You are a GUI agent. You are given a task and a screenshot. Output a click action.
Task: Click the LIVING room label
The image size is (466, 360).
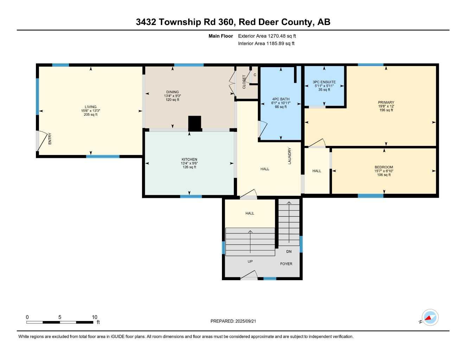[x=90, y=107]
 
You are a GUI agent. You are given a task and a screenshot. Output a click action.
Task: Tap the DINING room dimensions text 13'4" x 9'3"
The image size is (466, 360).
[x=172, y=96]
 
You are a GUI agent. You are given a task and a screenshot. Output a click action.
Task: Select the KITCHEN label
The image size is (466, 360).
[x=189, y=159]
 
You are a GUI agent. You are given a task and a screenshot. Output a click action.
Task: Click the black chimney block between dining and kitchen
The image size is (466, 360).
[x=194, y=123]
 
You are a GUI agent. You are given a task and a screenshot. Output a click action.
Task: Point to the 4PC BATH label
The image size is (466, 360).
[x=281, y=99]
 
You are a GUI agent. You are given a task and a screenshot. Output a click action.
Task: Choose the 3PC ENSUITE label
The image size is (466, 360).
[x=324, y=82]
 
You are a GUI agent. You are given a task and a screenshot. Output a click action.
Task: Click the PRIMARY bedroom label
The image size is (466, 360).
[x=386, y=102]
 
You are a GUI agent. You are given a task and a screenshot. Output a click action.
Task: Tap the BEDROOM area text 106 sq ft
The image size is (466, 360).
[x=384, y=175]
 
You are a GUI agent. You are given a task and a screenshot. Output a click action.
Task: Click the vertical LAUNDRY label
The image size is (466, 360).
[x=290, y=156]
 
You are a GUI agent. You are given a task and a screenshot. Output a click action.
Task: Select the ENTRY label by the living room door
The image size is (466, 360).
[x=50, y=139]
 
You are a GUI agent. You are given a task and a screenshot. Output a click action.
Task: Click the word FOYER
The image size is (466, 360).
[x=286, y=264]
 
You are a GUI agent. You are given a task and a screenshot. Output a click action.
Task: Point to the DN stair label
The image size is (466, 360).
[x=289, y=251]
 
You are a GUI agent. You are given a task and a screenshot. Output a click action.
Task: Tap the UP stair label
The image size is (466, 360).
[x=250, y=261]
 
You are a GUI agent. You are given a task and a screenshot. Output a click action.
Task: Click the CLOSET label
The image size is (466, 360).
[x=244, y=82]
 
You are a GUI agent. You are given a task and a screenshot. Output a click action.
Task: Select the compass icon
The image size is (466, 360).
[x=430, y=317]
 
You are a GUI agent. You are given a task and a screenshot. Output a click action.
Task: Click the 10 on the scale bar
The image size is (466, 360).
[x=95, y=317]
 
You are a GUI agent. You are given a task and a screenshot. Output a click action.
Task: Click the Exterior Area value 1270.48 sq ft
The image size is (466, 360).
[x=282, y=36]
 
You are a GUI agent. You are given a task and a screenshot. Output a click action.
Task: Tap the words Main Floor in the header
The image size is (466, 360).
[x=221, y=36]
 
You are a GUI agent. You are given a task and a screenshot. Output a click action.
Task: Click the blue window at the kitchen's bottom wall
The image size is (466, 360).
[x=191, y=196]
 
